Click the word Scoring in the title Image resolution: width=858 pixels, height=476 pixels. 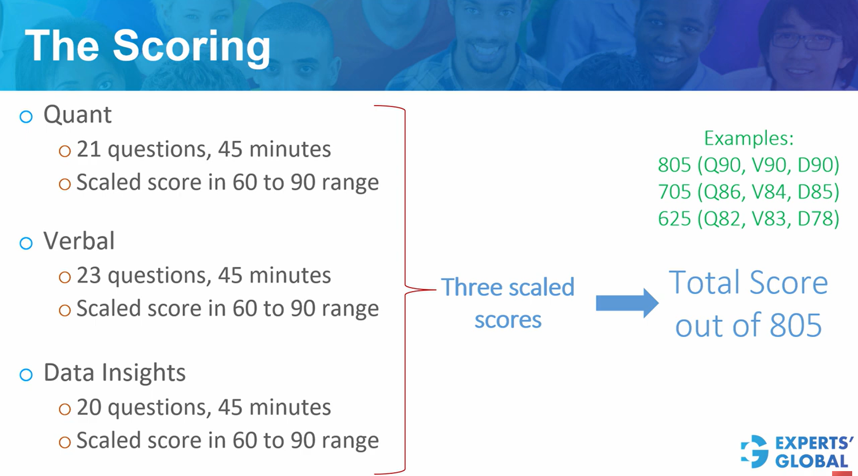(192, 47)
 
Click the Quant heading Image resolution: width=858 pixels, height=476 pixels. (77, 115)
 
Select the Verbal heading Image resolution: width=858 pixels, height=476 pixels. (79, 241)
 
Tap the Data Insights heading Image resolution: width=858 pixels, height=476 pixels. (114, 373)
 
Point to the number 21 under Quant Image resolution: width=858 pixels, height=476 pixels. (88, 149)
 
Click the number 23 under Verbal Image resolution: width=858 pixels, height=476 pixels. (88, 275)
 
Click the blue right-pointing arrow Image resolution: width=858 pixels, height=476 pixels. (627, 303)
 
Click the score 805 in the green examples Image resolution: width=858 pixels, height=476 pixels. (674, 165)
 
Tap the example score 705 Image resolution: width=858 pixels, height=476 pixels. (674, 191)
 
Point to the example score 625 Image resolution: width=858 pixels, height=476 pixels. (674, 218)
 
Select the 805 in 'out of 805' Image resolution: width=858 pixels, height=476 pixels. (796, 325)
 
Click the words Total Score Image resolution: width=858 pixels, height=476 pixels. (749, 282)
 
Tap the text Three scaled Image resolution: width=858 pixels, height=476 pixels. (508, 287)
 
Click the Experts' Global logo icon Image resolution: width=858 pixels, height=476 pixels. (755, 451)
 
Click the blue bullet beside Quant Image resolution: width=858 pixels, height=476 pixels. (26, 117)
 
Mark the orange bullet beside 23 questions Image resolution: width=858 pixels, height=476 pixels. (65, 277)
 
